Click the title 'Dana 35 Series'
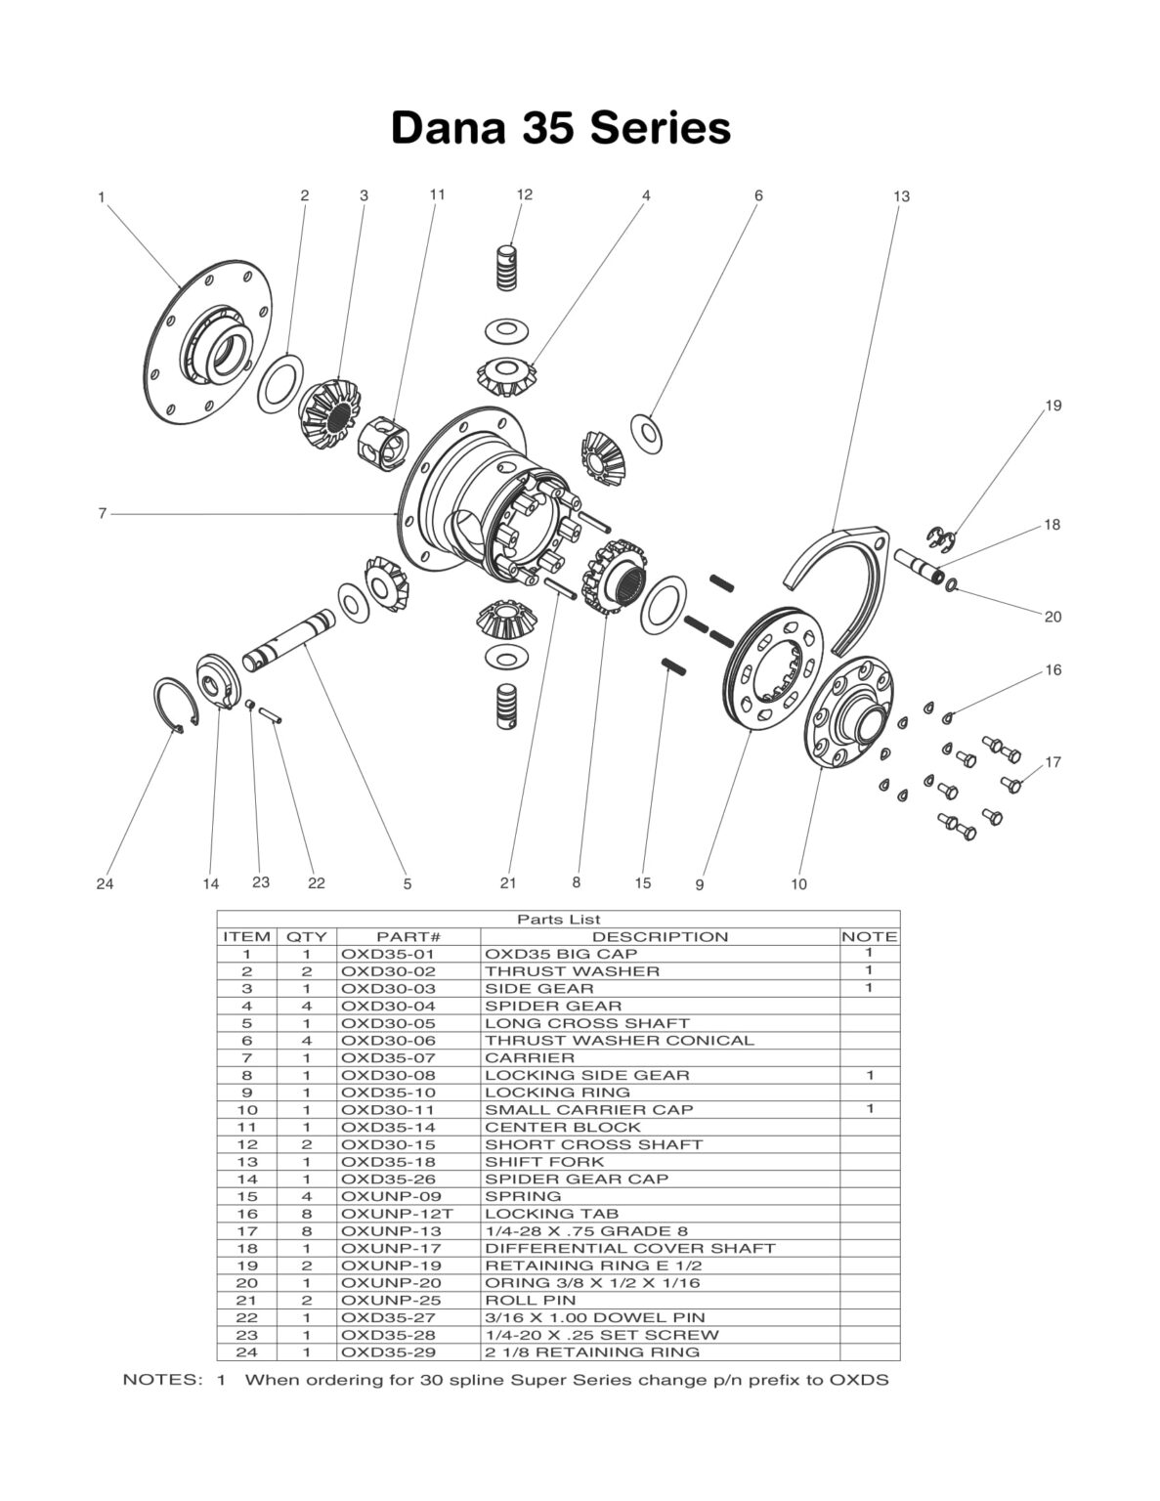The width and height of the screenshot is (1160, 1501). coord(560,128)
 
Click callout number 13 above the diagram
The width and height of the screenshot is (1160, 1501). coord(901,196)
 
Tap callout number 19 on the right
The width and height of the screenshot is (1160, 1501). coord(1053,406)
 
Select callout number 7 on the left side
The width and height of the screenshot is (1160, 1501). coord(102,513)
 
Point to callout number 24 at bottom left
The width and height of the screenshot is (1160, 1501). coord(105,883)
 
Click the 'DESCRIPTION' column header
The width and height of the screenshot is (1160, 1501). coord(660,936)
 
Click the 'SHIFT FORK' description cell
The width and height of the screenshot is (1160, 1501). coord(544,1162)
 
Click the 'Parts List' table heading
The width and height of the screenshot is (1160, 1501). coord(558,920)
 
